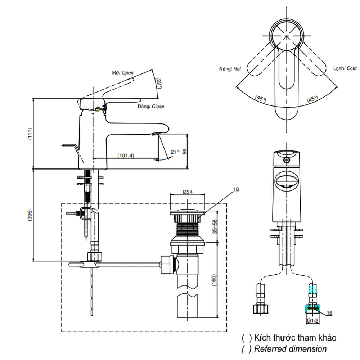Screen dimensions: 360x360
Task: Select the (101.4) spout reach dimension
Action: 126,156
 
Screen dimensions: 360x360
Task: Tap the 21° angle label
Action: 175,152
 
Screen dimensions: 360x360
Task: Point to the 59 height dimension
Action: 185,152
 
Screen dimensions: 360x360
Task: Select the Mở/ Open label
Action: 122,73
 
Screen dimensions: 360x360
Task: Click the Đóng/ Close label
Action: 150,107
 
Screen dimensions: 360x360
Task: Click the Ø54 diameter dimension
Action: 187,192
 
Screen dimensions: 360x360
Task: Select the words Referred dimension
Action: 290,349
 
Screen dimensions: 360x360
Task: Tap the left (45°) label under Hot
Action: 260,98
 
